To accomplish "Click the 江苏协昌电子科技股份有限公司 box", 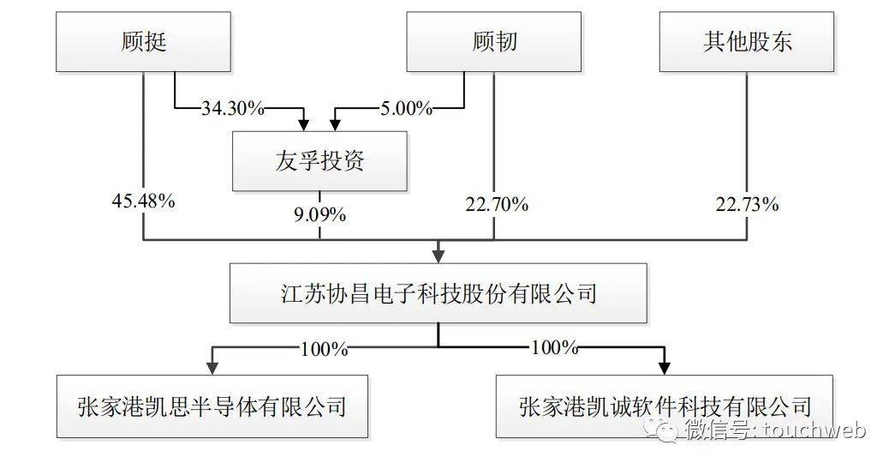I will pos(439,294).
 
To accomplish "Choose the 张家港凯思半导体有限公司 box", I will pos(212,404).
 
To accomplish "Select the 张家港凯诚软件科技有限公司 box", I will pos(664,404).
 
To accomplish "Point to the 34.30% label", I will pos(232,109).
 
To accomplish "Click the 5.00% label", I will pos(405,109).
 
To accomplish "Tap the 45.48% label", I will pos(142,202).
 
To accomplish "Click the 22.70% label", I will pos(496,205).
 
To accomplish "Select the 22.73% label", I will pos(746,205).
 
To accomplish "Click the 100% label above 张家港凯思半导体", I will pos(324,349).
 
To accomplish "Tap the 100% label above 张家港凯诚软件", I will pos(554,349).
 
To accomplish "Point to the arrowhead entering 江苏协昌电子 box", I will pos(439,255).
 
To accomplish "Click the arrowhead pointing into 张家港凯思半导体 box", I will pos(212,366).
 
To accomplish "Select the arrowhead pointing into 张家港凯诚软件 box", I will pos(664,366).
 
